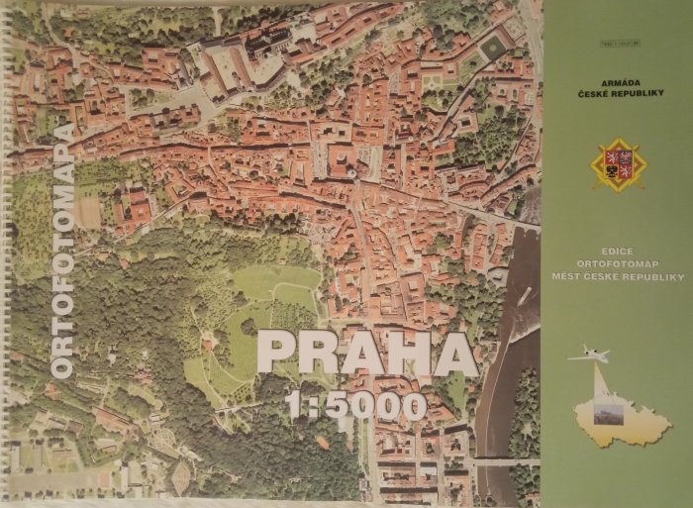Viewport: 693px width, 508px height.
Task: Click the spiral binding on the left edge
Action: (x=5, y=248)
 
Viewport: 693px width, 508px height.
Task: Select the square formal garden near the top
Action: (x=492, y=48)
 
